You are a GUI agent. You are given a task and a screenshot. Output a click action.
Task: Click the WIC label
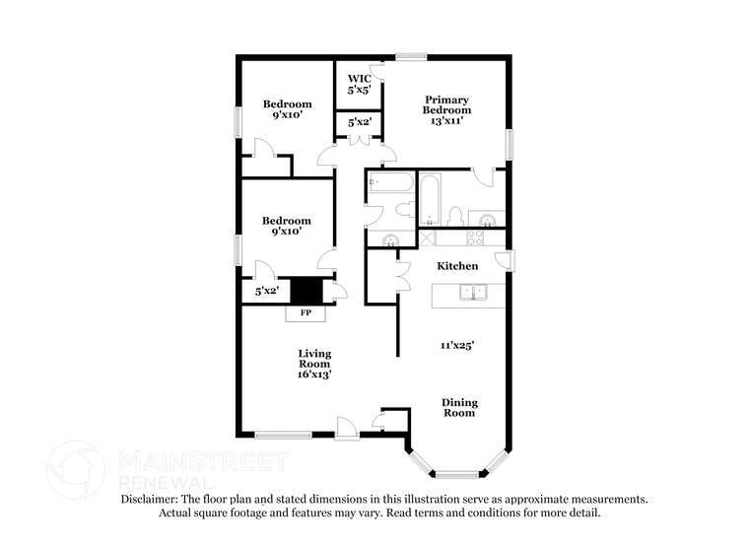coord(358,78)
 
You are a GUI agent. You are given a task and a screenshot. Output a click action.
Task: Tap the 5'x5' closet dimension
coord(358,90)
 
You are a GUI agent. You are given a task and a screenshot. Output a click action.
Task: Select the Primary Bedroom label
coord(446,104)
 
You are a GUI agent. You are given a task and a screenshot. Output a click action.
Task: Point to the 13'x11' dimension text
coord(446,121)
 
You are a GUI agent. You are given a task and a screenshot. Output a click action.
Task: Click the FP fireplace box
coord(306,313)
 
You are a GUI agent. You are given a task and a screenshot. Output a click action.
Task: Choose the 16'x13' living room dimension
coord(314,375)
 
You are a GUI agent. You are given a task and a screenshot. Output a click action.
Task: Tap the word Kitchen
coord(457,266)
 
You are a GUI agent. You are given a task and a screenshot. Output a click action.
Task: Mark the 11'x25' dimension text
coord(457,345)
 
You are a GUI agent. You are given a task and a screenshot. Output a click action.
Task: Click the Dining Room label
coord(457,407)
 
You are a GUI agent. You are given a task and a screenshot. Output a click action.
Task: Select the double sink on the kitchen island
coord(474,292)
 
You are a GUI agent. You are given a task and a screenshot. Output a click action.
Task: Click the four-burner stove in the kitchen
coord(474,238)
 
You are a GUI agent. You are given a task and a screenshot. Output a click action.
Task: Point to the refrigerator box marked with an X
coord(427,238)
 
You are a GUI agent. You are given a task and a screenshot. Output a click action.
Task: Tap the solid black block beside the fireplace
coord(307,291)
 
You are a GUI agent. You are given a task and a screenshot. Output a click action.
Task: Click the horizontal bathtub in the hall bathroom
coord(391,183)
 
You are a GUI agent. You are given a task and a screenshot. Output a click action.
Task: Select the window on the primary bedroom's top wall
coord(411,57)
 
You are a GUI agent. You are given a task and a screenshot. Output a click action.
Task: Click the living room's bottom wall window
coord(283,434)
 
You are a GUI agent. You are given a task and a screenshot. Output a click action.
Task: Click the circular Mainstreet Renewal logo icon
coord(76,468)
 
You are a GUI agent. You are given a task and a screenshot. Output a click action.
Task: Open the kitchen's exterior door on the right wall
coord(506,259)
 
